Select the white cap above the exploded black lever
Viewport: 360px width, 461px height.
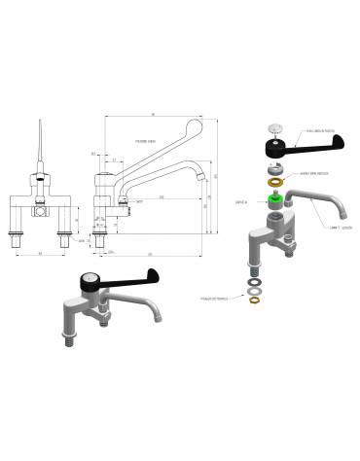275,127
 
